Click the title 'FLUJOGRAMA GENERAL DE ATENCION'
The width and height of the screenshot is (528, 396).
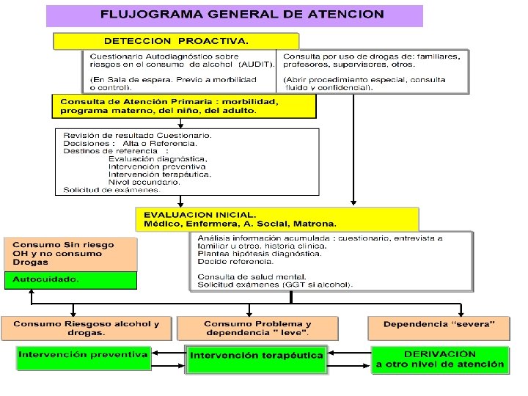242,15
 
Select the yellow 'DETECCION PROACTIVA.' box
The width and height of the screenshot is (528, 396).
176,41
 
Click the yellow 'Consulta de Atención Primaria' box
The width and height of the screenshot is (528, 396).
183,106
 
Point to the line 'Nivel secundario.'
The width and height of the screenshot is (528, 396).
144,182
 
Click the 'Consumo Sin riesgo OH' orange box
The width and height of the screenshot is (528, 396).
70,253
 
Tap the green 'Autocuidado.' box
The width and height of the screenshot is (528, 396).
70,280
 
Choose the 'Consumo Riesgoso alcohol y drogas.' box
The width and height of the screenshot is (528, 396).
86,328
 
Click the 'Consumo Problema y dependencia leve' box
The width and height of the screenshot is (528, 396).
257,328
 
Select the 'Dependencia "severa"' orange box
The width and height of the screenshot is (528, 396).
439,324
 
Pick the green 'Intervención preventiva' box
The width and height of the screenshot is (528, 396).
83,356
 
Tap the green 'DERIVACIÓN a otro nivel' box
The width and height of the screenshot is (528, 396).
440,359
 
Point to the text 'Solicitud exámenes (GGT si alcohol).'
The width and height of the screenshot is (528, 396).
274,285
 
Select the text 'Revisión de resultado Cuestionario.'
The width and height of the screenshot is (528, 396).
137,136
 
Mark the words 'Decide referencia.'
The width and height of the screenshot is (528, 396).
230,261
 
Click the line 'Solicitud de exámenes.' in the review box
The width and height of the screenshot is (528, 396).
111,190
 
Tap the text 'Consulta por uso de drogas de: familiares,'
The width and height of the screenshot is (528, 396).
372,56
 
